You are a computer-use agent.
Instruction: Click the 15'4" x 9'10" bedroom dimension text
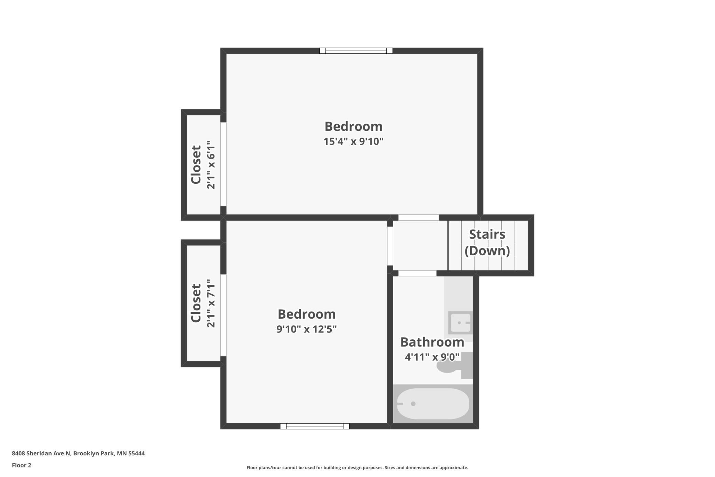(x=353, y=141)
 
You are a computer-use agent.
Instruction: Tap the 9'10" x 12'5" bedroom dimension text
(x=307, y=329)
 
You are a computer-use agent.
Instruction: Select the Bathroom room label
(x=432, y=342)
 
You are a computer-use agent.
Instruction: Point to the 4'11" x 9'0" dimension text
(x=432, y=357)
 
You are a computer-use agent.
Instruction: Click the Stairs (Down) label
(x=487, y=243)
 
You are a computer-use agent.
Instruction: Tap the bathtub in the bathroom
(x=433, y=404)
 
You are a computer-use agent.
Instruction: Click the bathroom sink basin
(x=461, y=323)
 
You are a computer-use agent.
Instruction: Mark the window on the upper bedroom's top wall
(x=356, y=51)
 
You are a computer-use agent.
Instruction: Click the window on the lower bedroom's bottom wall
(x=315, y=426)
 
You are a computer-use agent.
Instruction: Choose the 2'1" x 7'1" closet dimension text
(x=211, y=303)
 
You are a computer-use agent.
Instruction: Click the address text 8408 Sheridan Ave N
(x=41, y=453)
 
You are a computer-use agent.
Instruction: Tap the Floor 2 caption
(x=22, y=465)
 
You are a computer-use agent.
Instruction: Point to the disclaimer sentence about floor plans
(x=357, y=467)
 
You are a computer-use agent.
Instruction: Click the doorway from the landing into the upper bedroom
(x=419, y=218)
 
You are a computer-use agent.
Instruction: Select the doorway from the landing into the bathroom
(x=417, y=273)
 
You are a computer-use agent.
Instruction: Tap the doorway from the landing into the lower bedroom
(x=390, y=246)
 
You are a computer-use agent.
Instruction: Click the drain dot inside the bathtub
(x=413, y=404)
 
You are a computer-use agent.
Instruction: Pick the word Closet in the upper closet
(x=196, y=165)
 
